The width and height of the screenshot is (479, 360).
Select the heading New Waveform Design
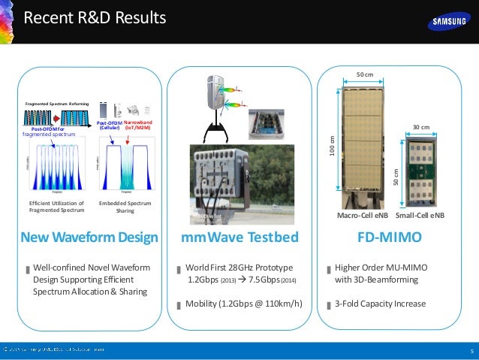[89, 238]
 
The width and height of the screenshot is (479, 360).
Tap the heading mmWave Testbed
[240, 238]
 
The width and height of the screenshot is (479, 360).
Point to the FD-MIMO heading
[388, 238]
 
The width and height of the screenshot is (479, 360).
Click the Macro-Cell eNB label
[362, 215]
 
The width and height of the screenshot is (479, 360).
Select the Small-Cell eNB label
[420, 215]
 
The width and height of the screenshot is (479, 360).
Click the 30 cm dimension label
[420, 127]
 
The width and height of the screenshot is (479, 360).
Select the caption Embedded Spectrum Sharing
[125, 207]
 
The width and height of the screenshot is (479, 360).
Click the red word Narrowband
[138, 121]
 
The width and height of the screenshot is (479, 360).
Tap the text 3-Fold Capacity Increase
[380, 304]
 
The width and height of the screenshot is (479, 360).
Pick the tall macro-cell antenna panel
[363, 143]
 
